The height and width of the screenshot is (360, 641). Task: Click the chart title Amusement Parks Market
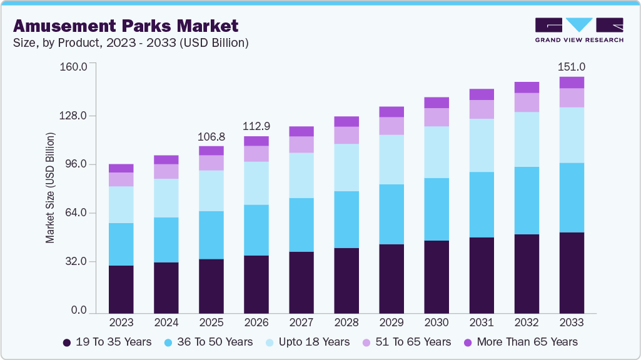point(126,26)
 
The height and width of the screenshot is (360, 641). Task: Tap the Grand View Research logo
point(579,29)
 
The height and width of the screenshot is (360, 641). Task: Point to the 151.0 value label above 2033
point(572,67)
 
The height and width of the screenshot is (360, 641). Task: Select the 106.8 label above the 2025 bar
point(211,136)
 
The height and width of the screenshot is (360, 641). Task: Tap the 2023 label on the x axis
point(121,322)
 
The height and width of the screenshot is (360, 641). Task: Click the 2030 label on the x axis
point(437,322)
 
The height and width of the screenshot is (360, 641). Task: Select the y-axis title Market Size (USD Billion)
point(49,187)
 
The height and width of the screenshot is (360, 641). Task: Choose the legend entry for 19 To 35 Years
point(107,342)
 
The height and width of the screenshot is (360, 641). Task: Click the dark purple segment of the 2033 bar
point(572,272)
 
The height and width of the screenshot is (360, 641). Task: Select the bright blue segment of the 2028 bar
point(346,219)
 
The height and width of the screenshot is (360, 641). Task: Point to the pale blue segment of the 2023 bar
point(121,204)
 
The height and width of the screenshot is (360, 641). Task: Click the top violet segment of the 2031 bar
point(482,94)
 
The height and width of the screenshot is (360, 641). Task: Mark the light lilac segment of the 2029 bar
point(391,126)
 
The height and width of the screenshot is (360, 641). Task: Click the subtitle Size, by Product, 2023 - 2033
point(131,43)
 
